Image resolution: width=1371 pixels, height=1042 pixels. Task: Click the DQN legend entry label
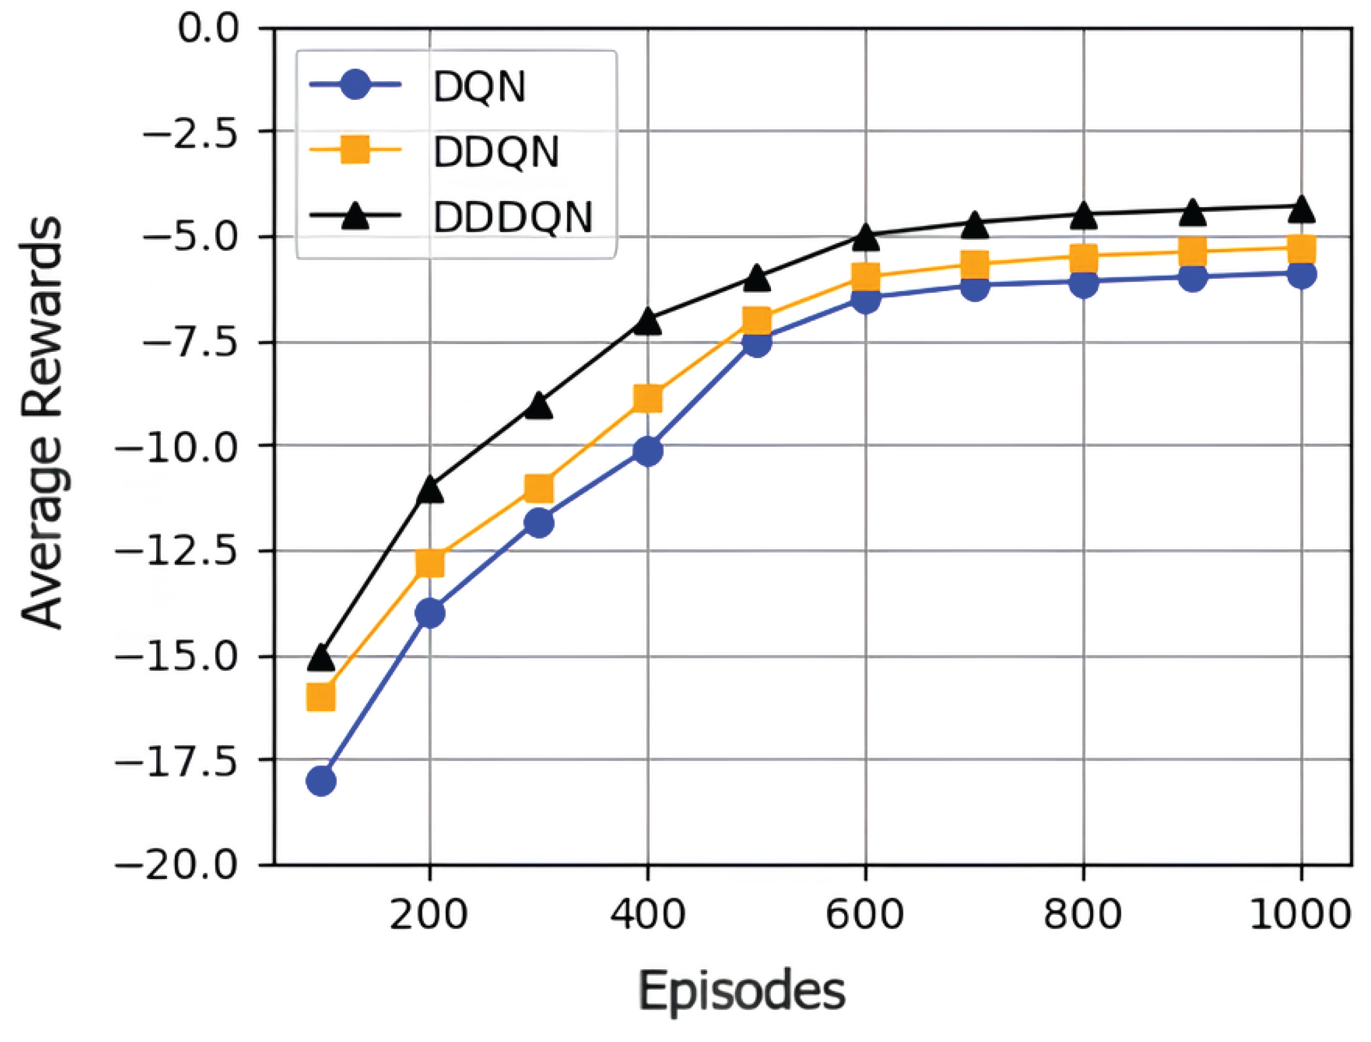[480, 87]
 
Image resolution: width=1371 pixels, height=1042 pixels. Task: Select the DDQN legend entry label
[496, 152]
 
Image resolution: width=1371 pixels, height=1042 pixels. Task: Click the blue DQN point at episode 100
[321, 781]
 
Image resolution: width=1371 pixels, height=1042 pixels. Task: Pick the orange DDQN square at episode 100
[321, 696]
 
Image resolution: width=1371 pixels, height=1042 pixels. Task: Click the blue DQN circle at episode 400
[648, 451]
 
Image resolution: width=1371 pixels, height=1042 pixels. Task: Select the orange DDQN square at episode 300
[539, 488]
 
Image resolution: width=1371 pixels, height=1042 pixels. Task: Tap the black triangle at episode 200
[430, 489]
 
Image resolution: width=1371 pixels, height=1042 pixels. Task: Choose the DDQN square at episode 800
[1083, 255]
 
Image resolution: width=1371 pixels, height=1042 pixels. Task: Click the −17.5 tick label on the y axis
[177, 761]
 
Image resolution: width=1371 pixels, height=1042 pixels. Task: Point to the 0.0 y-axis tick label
[208, 28]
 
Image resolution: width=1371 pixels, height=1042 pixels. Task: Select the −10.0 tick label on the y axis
[177, 446]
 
